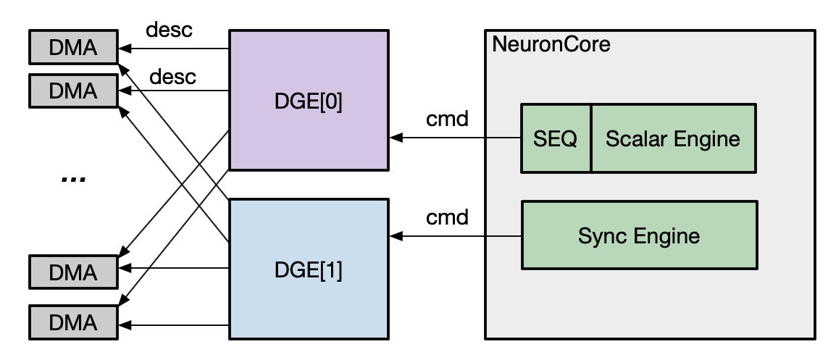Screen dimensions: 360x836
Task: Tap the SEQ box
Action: coord(556,138)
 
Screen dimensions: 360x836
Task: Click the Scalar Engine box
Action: coord(673,138)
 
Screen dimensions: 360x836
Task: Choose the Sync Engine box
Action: coord(639,235)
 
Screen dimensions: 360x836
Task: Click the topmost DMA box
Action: coord(72,49)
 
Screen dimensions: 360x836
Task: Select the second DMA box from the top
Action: coord(72,91)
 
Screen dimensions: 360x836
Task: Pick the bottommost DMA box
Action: coord(72,320)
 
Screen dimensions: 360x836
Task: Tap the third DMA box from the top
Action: coord(72,272)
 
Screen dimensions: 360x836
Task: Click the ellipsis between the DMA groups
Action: coord(73,178)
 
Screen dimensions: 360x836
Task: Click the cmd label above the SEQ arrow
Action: coord(447,118)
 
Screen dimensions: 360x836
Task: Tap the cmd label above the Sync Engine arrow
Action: coord(447,217)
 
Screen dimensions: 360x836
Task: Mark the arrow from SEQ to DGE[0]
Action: coord(456,138)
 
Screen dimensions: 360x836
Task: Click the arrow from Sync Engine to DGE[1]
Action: coord(456,235)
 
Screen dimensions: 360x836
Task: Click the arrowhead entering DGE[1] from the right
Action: coord(396,235)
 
